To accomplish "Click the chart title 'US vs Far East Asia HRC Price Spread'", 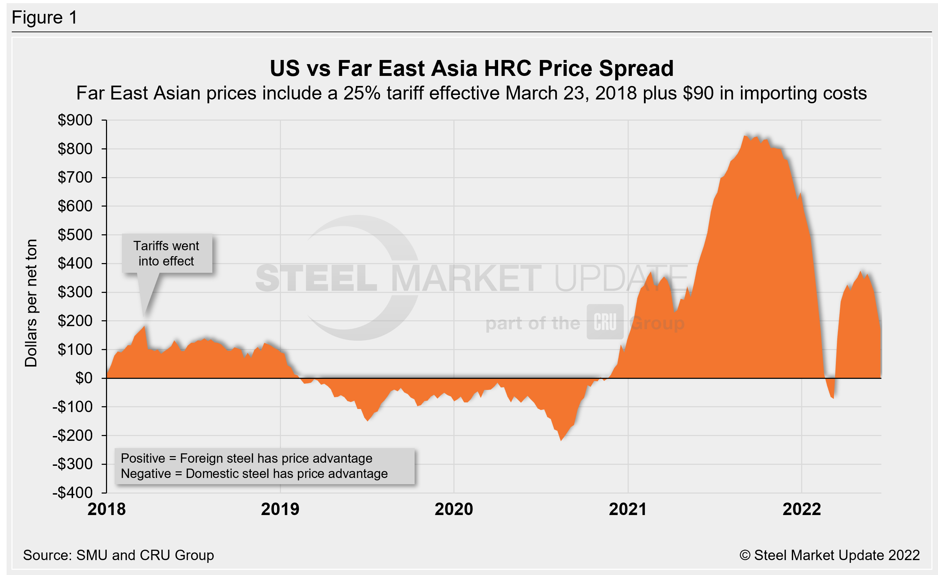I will coord(471,69).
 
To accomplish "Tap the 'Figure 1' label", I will coord(45,18).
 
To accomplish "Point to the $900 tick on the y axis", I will coord(75,120).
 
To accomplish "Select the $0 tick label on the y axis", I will coord(84,378).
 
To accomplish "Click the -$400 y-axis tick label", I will coord(73,493).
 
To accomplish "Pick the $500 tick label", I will coord(75,235).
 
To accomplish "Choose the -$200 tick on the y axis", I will coord(73,436).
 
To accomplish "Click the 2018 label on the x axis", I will coord(107,509).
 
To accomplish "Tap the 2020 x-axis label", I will coord(454,509).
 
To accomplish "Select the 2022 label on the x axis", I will coord(802,509).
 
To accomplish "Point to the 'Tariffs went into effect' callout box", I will coord(166,253).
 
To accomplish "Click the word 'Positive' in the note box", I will coord(142,459).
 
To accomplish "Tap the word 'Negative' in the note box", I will coord(145,474).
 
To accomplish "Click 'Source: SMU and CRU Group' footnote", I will coord(118,555).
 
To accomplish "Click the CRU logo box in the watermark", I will coord(605,322).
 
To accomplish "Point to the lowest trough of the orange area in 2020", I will coord(561,440).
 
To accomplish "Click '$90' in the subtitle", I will coord(698,94).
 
